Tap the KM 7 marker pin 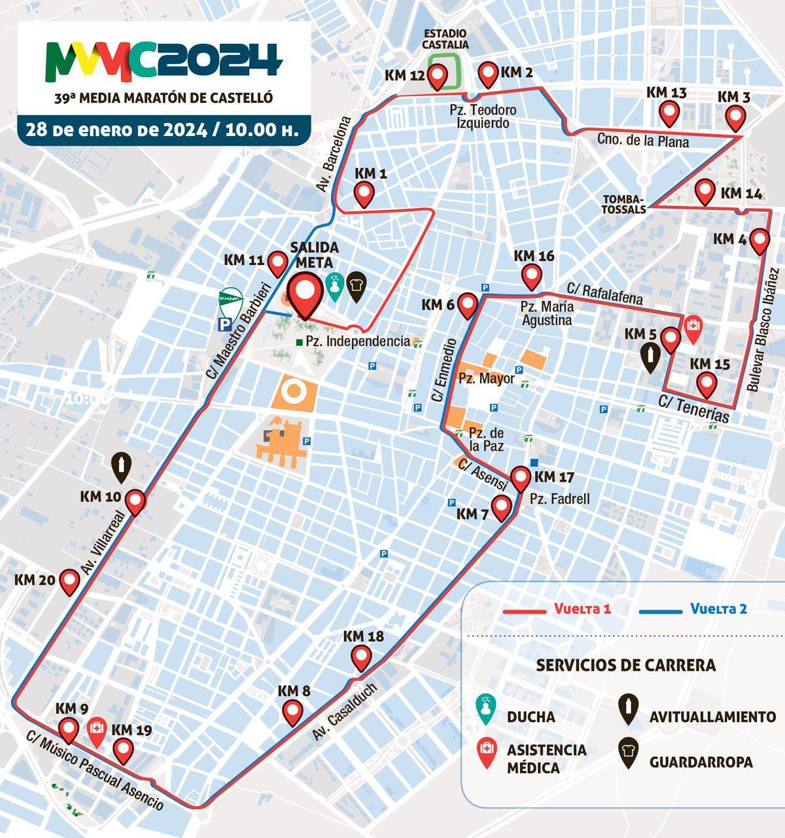tap(502, 507)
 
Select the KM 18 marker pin tap(360, 656)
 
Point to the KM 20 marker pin tap(69, 581)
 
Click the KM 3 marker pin tap(736, 118)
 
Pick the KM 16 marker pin tap(529, 277)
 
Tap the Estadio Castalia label tap(445, 39)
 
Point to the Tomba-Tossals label tap(624, 203)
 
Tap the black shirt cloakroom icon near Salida tap(357, 285)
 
